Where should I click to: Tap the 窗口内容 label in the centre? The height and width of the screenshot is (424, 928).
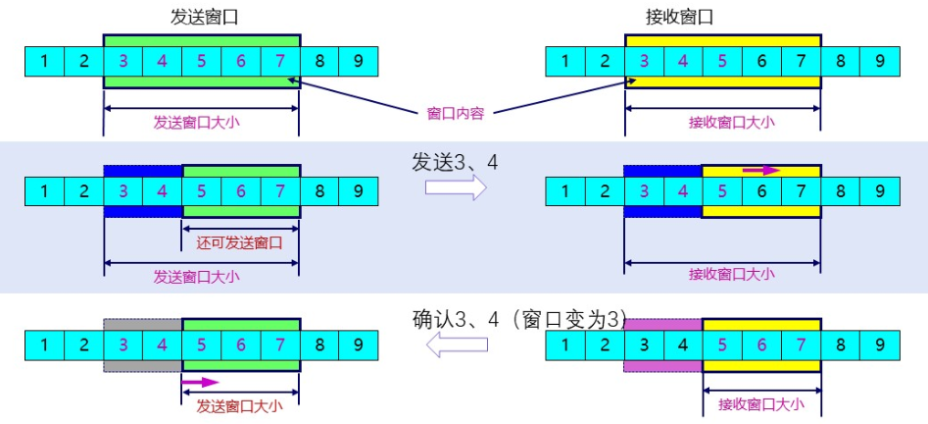(x=456, y=112)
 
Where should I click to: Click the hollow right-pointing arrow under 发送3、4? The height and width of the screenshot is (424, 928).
(x=456, y=188)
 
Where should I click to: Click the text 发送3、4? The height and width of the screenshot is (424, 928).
(x=456, y=161)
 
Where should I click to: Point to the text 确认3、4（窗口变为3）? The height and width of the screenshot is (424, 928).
(x=518, y=319)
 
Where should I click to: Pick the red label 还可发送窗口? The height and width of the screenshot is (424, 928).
(x=240, y=242)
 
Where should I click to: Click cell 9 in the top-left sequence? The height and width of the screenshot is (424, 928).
(x=359, y=62)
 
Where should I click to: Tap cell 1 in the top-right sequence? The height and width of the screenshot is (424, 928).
(x=565, y=62)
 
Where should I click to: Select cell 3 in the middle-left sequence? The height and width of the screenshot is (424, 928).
(x=123, y=190)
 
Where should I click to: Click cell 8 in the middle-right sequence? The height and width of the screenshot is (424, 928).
(x=841, y=190)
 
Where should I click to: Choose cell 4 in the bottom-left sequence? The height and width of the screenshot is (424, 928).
(x=163, y=344)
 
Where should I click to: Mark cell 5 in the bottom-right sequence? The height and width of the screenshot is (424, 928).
(x=722, y=344)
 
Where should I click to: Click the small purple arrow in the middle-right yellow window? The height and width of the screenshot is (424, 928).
(x=761, y=171)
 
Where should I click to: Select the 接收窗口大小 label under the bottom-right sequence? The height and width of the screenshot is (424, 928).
(x=761, y=403)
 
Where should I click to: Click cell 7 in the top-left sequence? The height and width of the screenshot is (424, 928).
(x=280, y=62)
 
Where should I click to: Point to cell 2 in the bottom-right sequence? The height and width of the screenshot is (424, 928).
(x=605, y=344)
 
